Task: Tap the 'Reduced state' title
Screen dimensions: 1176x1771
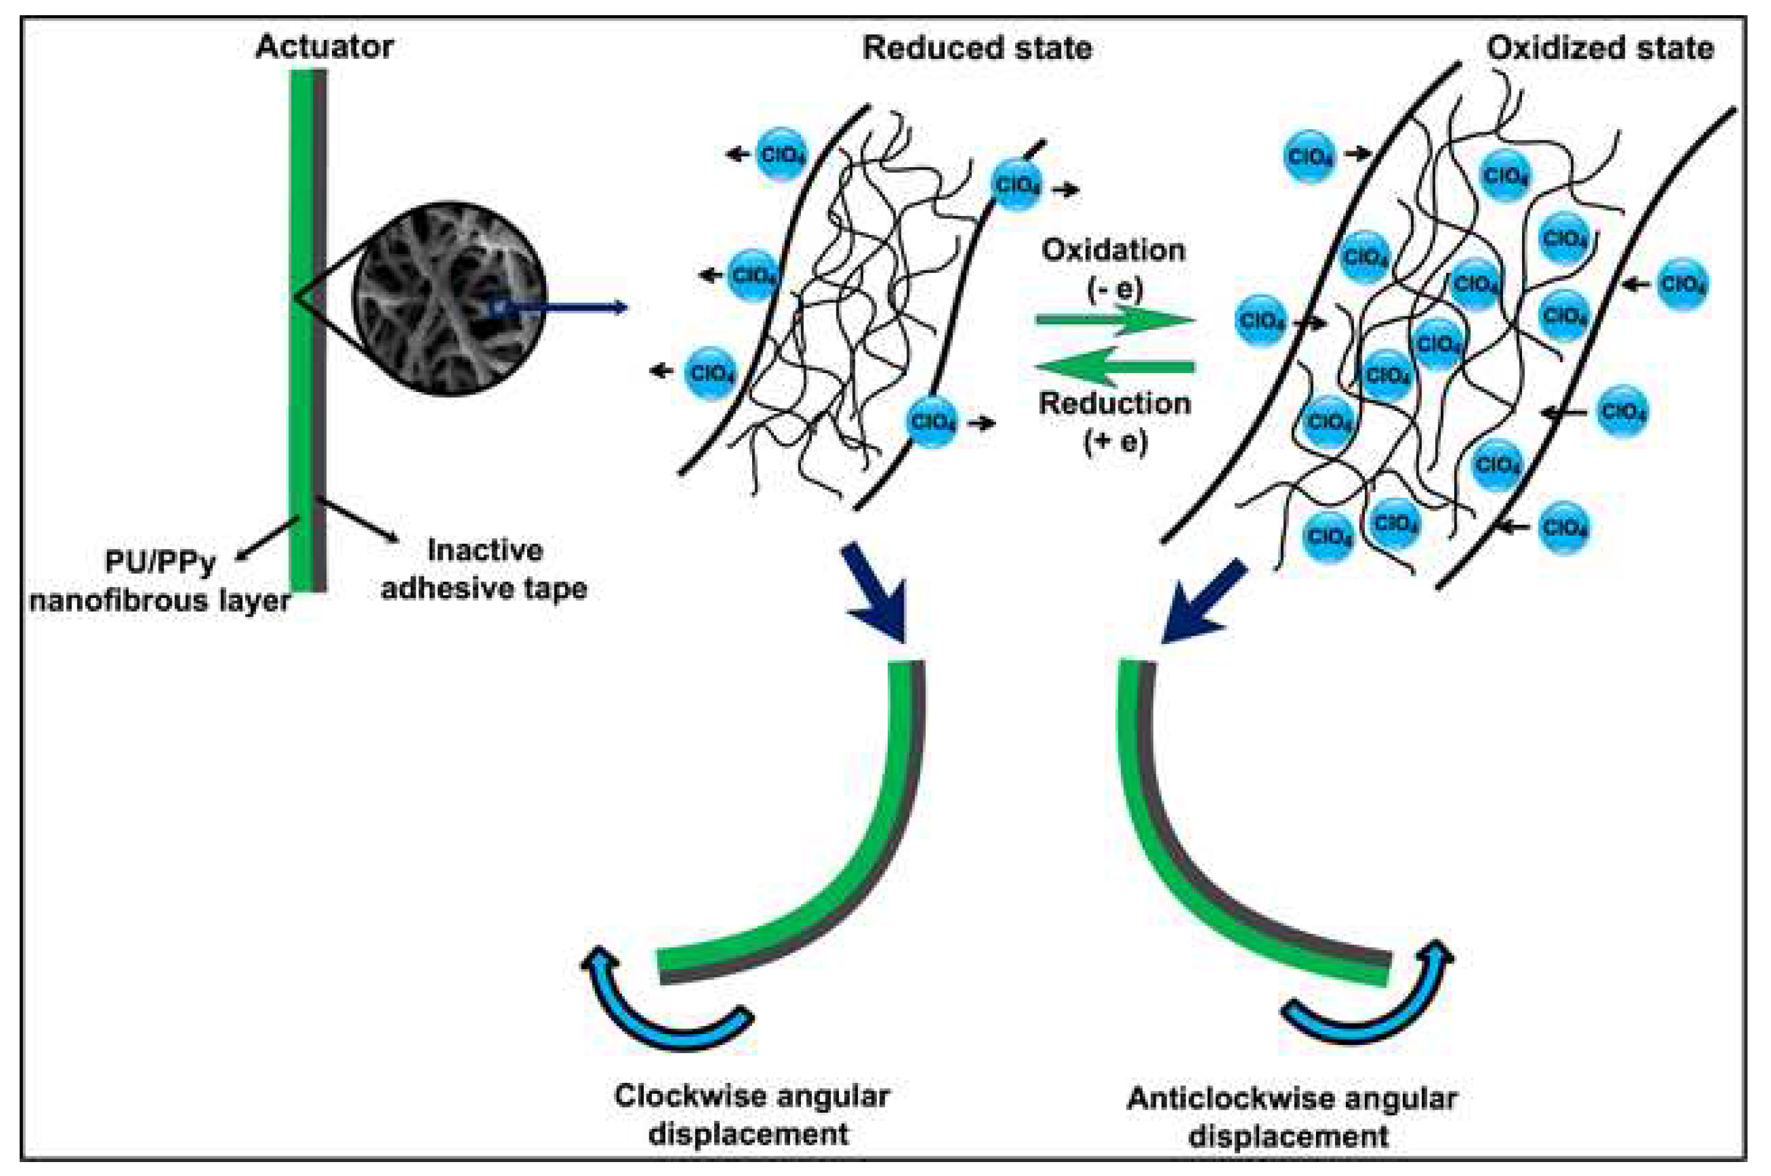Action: pyautogui.click(x=976, y=49)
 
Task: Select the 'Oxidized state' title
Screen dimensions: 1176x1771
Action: pyautogui.click(x=1600, y=49)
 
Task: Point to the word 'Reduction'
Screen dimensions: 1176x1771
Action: pyautogui.click(x=1115, y=404)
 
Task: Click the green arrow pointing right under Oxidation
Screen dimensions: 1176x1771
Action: pyautogui.click(x=1114, y=320)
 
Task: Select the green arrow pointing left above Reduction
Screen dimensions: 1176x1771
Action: pyautogui.click(x=1114, y=367)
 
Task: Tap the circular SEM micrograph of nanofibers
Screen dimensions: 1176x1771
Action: pyautogui.click(x=449, y=298)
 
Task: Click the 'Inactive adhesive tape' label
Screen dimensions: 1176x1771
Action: pyautogui.click(x=484, y=569)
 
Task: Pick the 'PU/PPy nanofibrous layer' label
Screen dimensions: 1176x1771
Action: pyautogui.click(x=160, y=581)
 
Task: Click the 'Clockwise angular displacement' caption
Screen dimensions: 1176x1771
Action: pyautogui.click(x=751, y=1115)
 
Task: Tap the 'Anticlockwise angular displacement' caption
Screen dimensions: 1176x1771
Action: pyautogui.click(x=1291, y=1118)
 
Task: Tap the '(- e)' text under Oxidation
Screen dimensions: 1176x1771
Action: pyautogui.click(x=1115, y=288)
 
